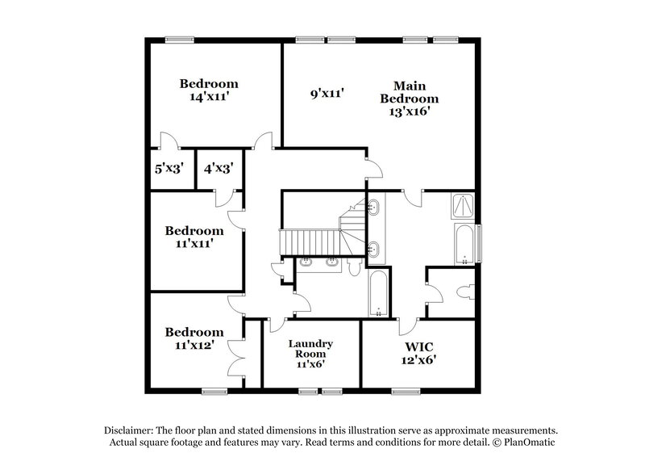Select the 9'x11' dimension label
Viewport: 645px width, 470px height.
click(x=328, y=94)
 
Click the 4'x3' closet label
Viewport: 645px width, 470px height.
click(x=218, y=170)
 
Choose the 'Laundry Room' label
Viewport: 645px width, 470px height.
click(x=310, y=349)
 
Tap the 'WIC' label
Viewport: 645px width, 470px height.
click(x=419, y=345)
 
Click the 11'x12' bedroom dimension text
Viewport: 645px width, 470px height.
click(x=193, y=345)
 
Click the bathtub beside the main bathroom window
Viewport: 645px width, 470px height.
click(x=464, y=245)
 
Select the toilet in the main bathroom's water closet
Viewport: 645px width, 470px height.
click(x=463, y=292)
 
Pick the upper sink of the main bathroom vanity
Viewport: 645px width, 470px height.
click(x=373, y=208)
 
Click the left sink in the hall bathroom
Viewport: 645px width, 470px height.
click(x=307, y=262)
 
